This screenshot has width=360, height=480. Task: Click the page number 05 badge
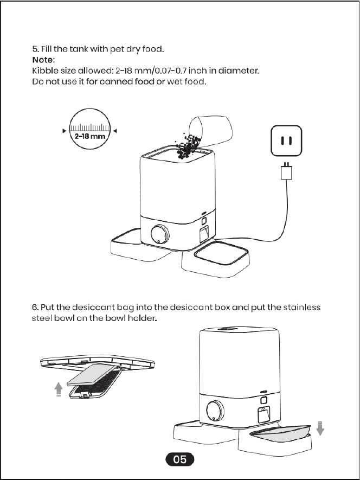[x=179, y=459]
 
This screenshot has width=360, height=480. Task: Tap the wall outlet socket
[x=286, y=141]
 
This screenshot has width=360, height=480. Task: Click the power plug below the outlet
[x=286, y=171]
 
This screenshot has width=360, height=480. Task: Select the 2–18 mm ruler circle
[x=89, y=129]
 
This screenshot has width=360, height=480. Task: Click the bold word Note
[x=42, y=60]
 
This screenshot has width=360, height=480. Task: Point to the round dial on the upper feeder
[x=160, y=234]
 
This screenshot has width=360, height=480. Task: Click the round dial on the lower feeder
[x=215, y=410]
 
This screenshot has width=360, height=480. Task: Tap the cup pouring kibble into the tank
[x=210, y=130]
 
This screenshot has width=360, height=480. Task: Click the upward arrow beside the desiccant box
[x=59, y=389]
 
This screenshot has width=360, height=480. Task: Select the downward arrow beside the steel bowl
[x=320, y=428]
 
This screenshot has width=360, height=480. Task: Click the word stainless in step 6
[x=301, y=307]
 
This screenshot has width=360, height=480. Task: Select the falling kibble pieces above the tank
[x=188, y=146]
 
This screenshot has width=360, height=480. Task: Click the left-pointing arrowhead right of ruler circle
[x=115, y=131]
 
